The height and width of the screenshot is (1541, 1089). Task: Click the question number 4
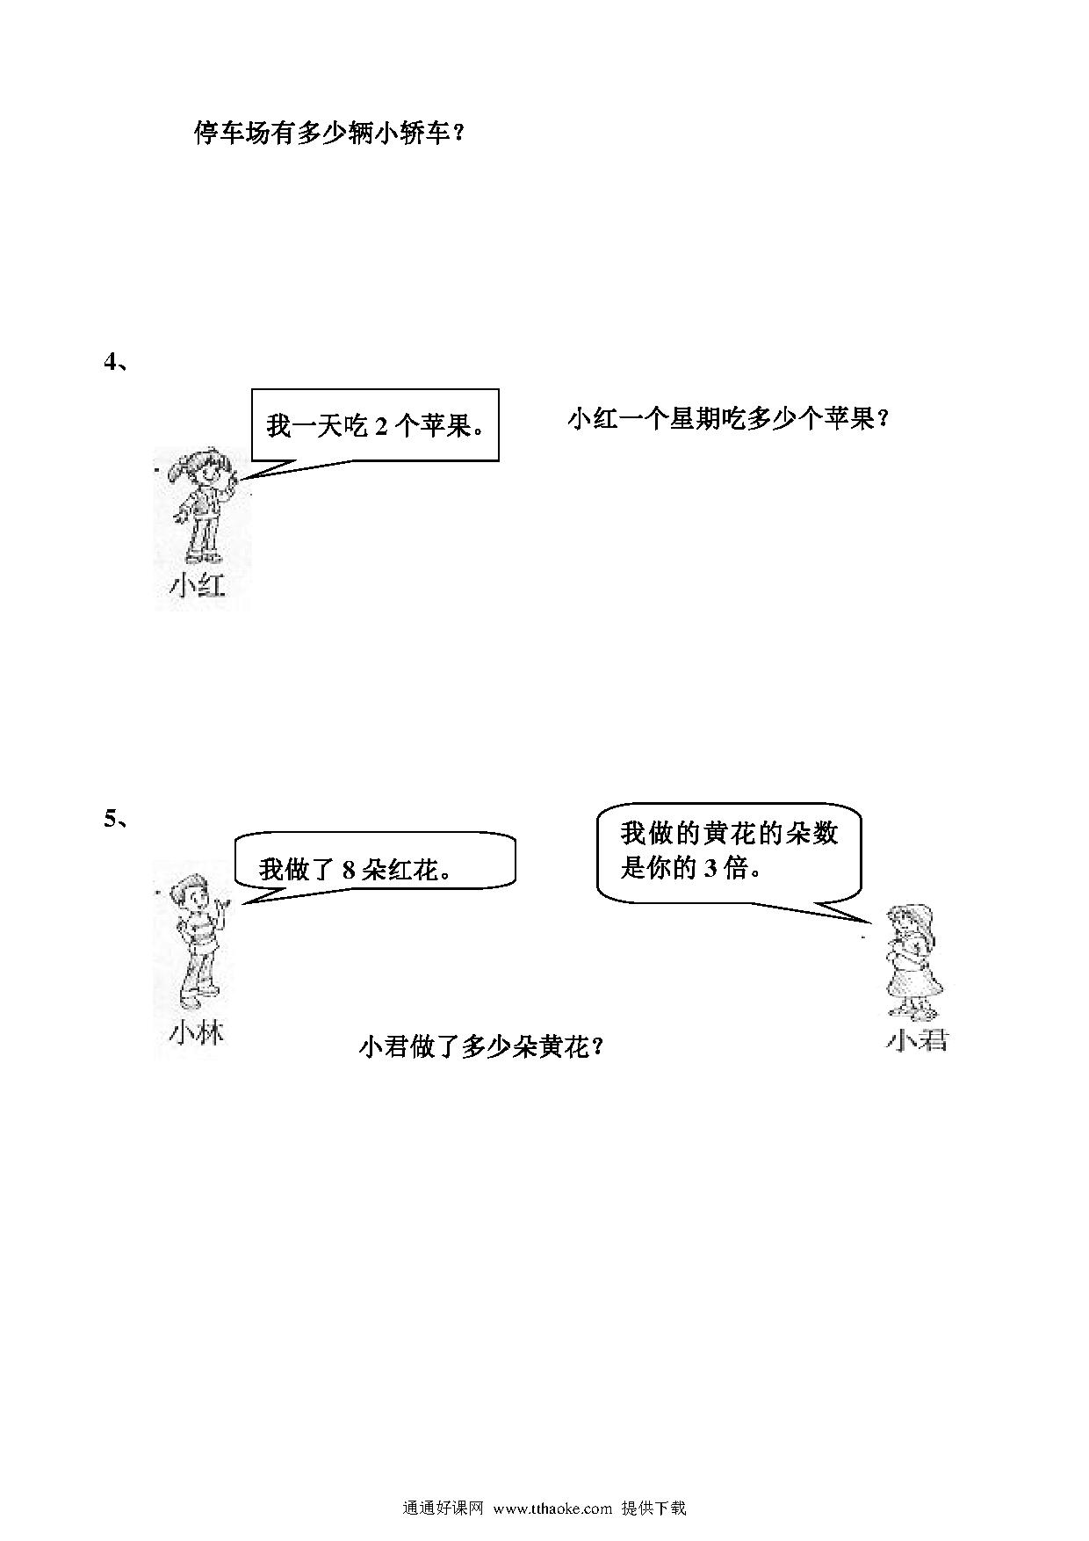pos(111,361)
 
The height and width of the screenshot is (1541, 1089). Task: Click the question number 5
pos(111,818)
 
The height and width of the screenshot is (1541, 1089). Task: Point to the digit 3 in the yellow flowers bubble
pos(710,868)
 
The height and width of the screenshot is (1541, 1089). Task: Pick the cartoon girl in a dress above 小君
pos(914,962)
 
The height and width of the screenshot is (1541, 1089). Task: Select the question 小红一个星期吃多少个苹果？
pos(729,419)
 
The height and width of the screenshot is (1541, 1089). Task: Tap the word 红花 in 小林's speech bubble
pos(412,870)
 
